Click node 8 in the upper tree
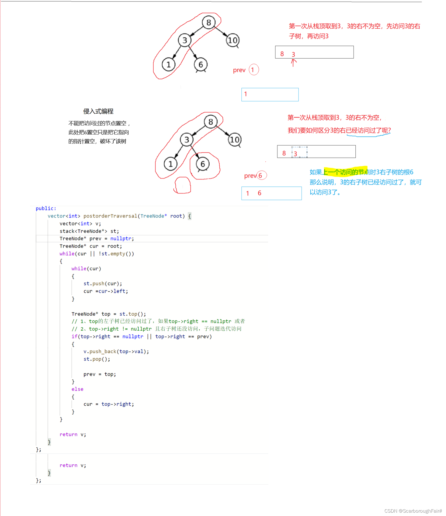(x=208, y=22)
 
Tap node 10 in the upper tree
(x=232, y=40)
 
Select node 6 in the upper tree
(x=201, y=65)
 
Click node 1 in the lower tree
(x=170, y=164)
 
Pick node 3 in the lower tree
(x=187, y=139)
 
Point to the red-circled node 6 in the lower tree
(x=203, y=164)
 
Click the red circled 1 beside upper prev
(x=253, y=70)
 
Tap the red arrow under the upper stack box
(x=293, y=63)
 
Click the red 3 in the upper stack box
(x=293, y=54)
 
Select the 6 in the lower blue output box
(x=259, y=193)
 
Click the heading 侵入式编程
(x=98, y=111)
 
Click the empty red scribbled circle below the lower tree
(x=183, y=185)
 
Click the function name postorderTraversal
(x=110, y=216)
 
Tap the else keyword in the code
(x=77, y=389)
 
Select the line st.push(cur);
(x=103, y=283)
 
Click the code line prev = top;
(x=100, y=374)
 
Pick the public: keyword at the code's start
(x=46, y=208)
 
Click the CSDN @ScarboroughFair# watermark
(x=413, y=511)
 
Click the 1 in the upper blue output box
(x=246, y=94)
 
